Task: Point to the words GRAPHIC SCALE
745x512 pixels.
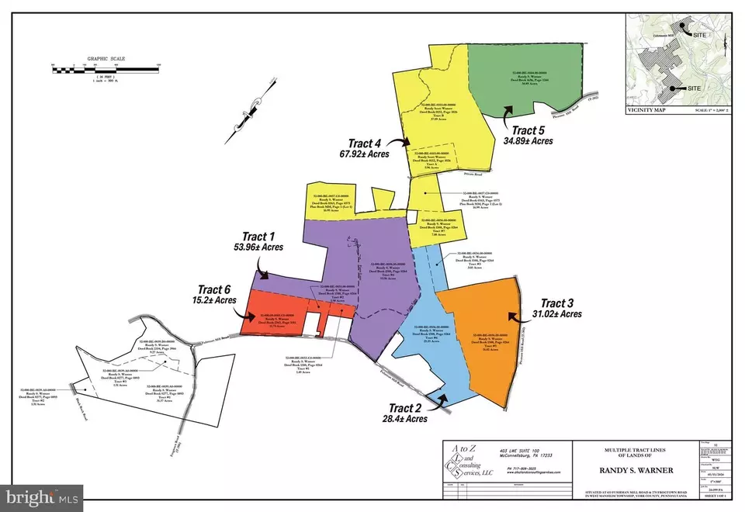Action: tap(106, 57)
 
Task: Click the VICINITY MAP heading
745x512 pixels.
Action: tap(645, 110)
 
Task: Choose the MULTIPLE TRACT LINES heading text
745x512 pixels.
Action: tap(627, 450)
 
